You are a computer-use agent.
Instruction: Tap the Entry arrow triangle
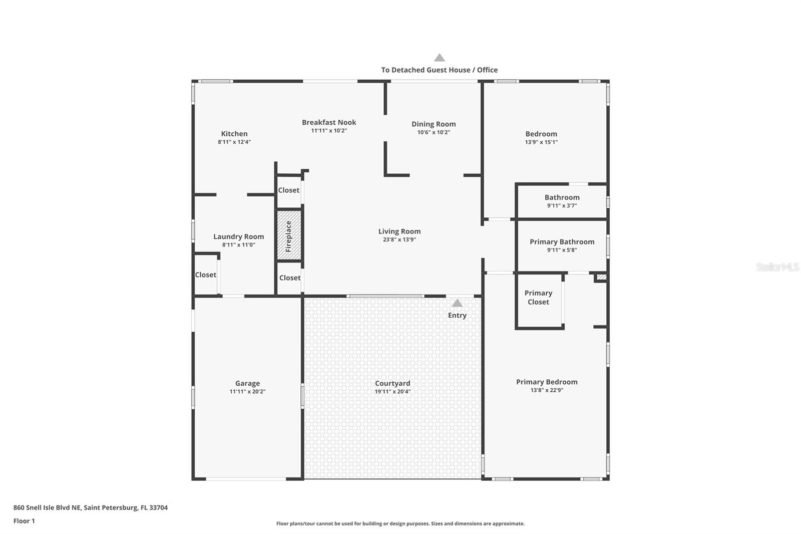point(457,303)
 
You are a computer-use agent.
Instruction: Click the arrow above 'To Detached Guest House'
point(440,58)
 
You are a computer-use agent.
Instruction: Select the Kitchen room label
point(234,134)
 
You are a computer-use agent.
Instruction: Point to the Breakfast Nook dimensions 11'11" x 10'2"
point(329,131)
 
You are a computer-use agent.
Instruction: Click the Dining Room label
point(434,124)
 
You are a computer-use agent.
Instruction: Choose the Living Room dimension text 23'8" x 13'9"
point(399,239)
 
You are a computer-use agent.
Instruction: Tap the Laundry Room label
point(238,236)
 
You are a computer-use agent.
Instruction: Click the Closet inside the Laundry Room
point(205,275)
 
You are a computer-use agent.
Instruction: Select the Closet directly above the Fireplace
point(289,190)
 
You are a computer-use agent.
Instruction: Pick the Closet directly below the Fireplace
point(290,278)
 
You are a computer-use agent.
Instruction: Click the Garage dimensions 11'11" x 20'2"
point(247,392)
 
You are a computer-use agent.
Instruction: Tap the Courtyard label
point(392,383)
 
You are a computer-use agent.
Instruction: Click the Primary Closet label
point(538,298)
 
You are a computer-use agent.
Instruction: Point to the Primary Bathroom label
point(562,242)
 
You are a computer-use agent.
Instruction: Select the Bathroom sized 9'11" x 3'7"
point(562,198)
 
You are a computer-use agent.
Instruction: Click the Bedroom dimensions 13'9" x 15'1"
point(541,142)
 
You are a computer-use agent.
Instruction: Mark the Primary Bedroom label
point(547,382)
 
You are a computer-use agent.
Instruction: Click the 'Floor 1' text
point(24,521)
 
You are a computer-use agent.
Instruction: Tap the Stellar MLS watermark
point(777,267)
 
